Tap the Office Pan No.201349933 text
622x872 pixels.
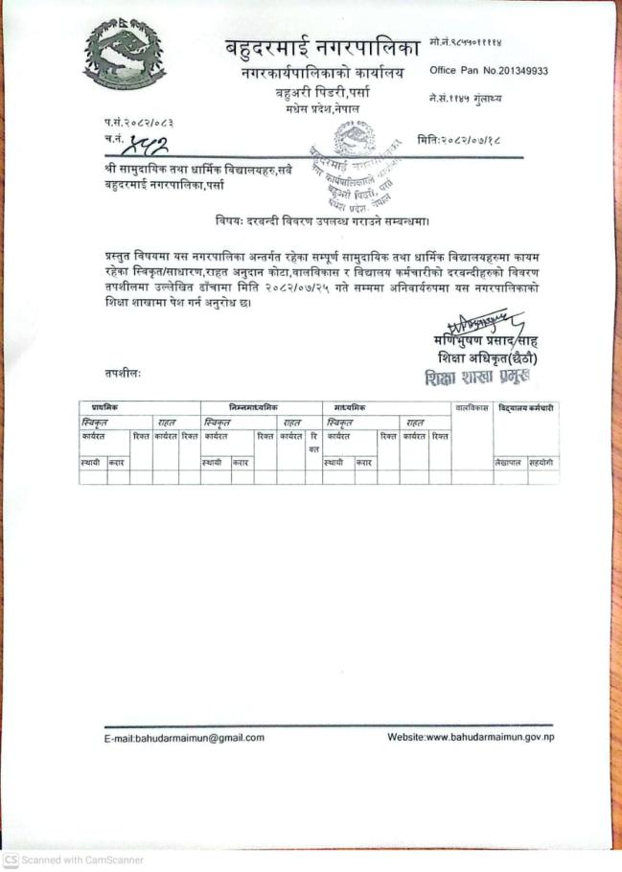click(489, 70)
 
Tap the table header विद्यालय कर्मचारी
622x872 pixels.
click(526, 408)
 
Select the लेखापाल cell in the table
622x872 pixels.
click(508, 463)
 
